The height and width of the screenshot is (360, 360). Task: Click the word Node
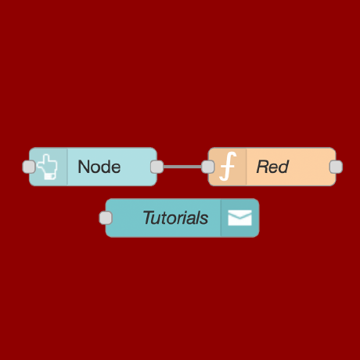[x=99, y=167]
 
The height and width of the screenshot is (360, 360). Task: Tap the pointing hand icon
[x=49, y=167]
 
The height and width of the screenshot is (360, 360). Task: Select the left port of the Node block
[x=29, y=167]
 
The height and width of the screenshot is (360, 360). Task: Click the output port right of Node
[x=157, y=167]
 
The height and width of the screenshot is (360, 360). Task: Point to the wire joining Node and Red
[x=182, y=167]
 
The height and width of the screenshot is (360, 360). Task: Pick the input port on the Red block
[x=207, y=167]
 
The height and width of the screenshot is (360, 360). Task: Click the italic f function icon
[x=228, y=167]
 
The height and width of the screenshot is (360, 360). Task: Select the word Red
[x=272, y=167]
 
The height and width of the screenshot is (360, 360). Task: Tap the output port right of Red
[x=336, y=167]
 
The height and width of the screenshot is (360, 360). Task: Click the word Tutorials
[x=175, y=218]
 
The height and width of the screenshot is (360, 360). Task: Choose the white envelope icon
[x=239, y=218]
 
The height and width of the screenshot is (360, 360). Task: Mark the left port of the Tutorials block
[x=106, y=218]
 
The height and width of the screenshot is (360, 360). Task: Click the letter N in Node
[x=84, y=167]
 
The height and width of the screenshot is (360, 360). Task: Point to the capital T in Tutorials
[x=147, y=218]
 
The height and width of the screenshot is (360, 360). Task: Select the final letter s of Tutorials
[x=205, y=218]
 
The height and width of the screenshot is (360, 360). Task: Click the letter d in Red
[x=283, y=167]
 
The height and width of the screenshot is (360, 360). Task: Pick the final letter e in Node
[x=116, y=167]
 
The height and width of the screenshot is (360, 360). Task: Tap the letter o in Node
[x=95, y=167]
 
